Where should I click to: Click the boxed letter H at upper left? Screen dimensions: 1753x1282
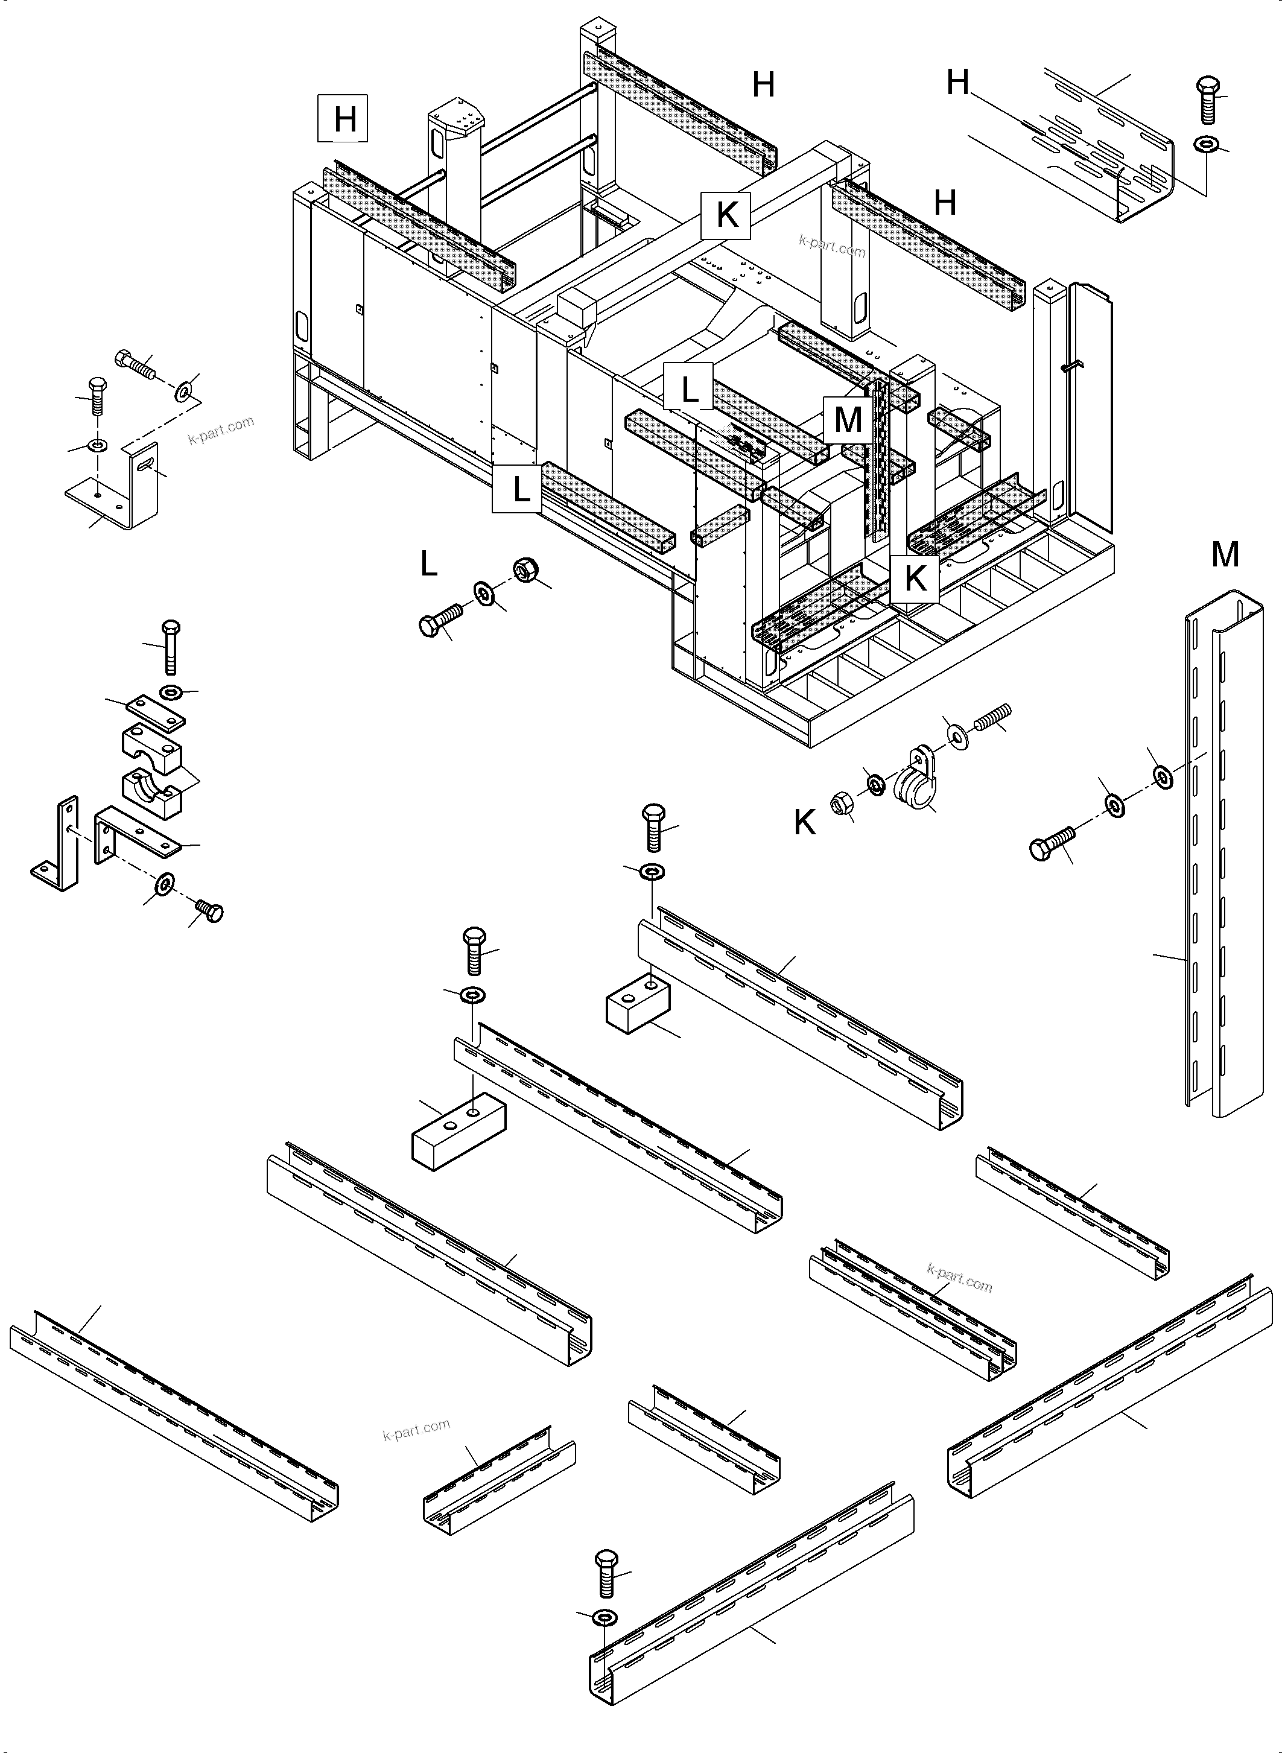[343, 119]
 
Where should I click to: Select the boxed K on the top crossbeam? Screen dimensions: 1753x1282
[726, 215]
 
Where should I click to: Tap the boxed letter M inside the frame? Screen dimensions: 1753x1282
[848, 420]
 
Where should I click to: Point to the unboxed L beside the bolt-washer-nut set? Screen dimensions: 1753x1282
[428, 564]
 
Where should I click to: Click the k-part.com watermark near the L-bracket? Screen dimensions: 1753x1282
[221, 430]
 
